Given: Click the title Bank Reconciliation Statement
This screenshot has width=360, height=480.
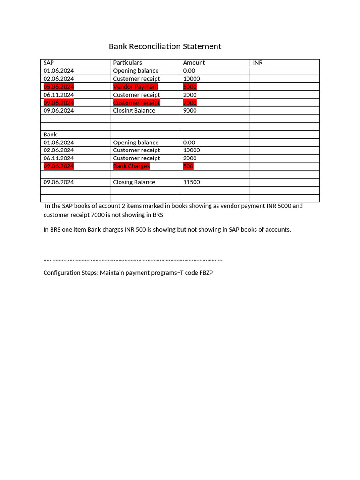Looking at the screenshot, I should pyautogui.click(x=165, y=46).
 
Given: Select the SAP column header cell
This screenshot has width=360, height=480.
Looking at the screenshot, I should pyautogui.click(x=49, y=63).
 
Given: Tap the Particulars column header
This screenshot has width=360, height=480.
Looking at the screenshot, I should pyautogui.click(x=127, y=63).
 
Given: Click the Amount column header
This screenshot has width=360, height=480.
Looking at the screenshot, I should pyautogui.click(x=194, y=63).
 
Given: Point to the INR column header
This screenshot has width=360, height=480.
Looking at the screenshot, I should pyautogui.click(x=258, y=63).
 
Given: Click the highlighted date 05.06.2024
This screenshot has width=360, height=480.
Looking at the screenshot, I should pyautogui.click(x=59, y=87).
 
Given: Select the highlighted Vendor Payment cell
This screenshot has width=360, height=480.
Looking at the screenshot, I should pyautogui.click(x=136, y=87).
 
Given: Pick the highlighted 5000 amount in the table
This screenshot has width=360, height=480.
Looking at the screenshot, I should pyautogui.click(x=190, y=87).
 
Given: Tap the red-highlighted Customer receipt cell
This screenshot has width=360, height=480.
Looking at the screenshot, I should pyautogui.click(x=136, y=103).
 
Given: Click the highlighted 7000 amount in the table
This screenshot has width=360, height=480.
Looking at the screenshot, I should pyautogui.click(x=190, y=103).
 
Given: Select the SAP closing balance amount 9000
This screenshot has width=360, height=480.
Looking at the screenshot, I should pyautogui.click(x=190, y=111).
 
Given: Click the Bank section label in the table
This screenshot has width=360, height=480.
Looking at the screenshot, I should pyautogui.click(x=50, y=135).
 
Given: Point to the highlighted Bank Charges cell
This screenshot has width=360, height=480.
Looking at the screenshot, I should pyautogui.click(x=131, y=166).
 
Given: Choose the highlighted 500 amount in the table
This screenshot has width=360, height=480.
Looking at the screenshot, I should pyautogui.click(x=188, y=166).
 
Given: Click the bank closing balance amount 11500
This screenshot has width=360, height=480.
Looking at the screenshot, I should pyautogui.click(x=191, y=182).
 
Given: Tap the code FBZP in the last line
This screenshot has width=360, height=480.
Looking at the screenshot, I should pyautogui.click(x=205, y=273).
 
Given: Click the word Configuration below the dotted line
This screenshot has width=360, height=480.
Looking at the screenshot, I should pyautogui.click(x=62, y=273).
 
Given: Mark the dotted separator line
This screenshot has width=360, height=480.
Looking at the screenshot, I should pyautogui.click(x=133, y=259).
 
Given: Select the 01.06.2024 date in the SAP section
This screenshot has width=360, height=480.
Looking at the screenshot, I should pyautogui.click(x=59, y=71).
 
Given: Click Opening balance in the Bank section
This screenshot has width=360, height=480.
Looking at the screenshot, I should pyautogui.click(x=136, y=142).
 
